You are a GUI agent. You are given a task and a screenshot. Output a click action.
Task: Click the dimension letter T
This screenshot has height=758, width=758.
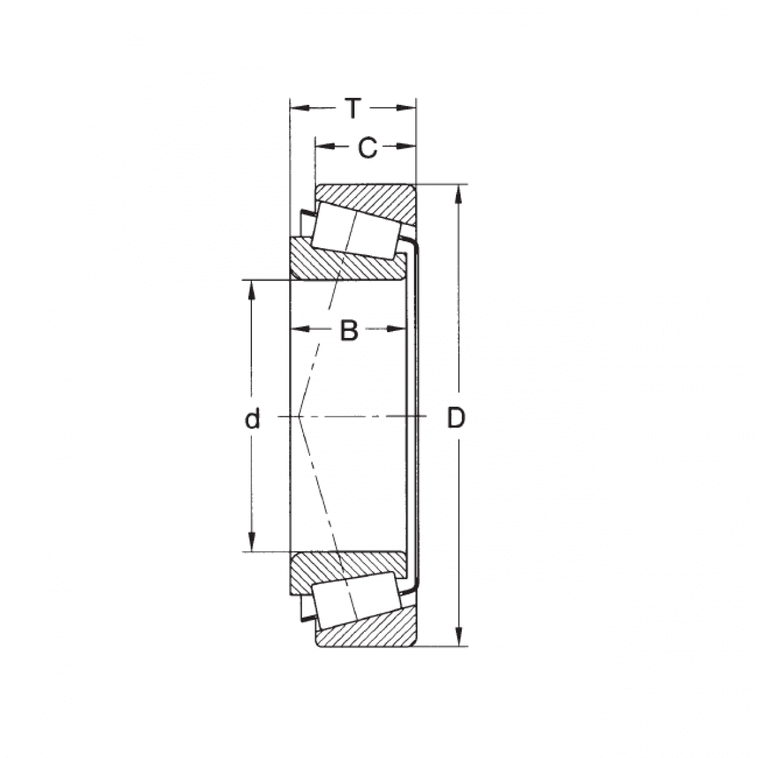click(353, 109)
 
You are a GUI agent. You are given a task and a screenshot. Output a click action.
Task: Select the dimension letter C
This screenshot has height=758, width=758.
click(368, 148)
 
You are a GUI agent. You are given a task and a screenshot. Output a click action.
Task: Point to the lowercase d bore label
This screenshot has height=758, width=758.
click(252, 418)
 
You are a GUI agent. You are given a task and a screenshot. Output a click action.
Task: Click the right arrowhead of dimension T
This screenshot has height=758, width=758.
click(406, 108)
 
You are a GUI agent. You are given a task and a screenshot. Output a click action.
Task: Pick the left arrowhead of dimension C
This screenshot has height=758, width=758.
click(325, 147)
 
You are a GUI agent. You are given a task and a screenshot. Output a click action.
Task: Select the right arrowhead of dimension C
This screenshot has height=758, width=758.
click(406, 147)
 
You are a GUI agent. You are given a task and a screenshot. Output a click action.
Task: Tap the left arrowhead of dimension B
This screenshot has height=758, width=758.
click(299, 329)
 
